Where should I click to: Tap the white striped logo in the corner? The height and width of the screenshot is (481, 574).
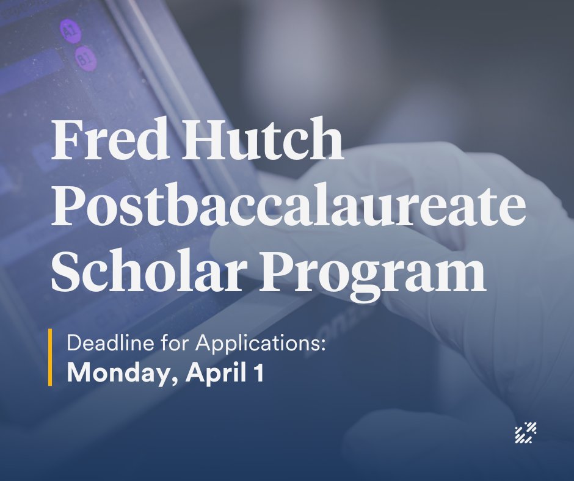point(526,432)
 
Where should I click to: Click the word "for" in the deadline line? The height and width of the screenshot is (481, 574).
point(177,343)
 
